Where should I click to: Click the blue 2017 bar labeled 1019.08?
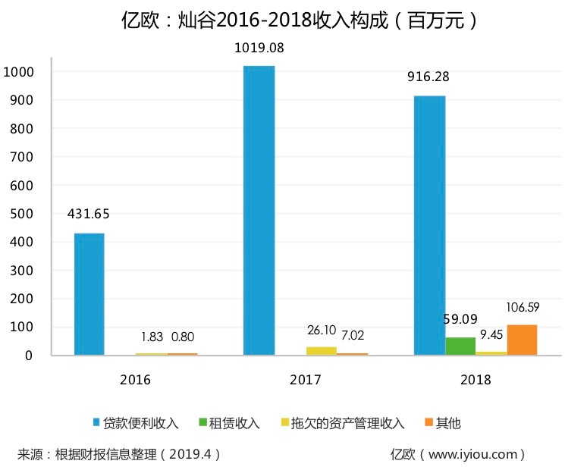tap(259, 211)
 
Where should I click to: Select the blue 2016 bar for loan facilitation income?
tap(89, 294)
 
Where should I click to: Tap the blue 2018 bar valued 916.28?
tap(429, 225)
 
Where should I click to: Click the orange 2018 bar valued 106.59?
tap(522, 340)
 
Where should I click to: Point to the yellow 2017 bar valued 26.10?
tap(321, 351)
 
